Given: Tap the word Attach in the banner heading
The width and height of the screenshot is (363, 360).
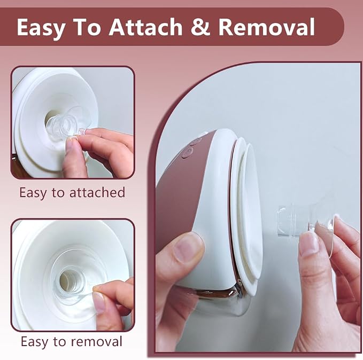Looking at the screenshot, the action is (145, 27).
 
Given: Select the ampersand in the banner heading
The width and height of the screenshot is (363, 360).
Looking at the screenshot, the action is (200, 27).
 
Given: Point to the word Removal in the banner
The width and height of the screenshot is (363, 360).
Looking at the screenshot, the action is (266, 27).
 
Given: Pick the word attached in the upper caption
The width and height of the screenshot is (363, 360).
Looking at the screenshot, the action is (97, 192).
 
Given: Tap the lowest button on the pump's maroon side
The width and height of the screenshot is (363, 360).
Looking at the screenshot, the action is (188, 152).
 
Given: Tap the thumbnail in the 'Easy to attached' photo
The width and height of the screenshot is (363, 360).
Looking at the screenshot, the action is (71, 145).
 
